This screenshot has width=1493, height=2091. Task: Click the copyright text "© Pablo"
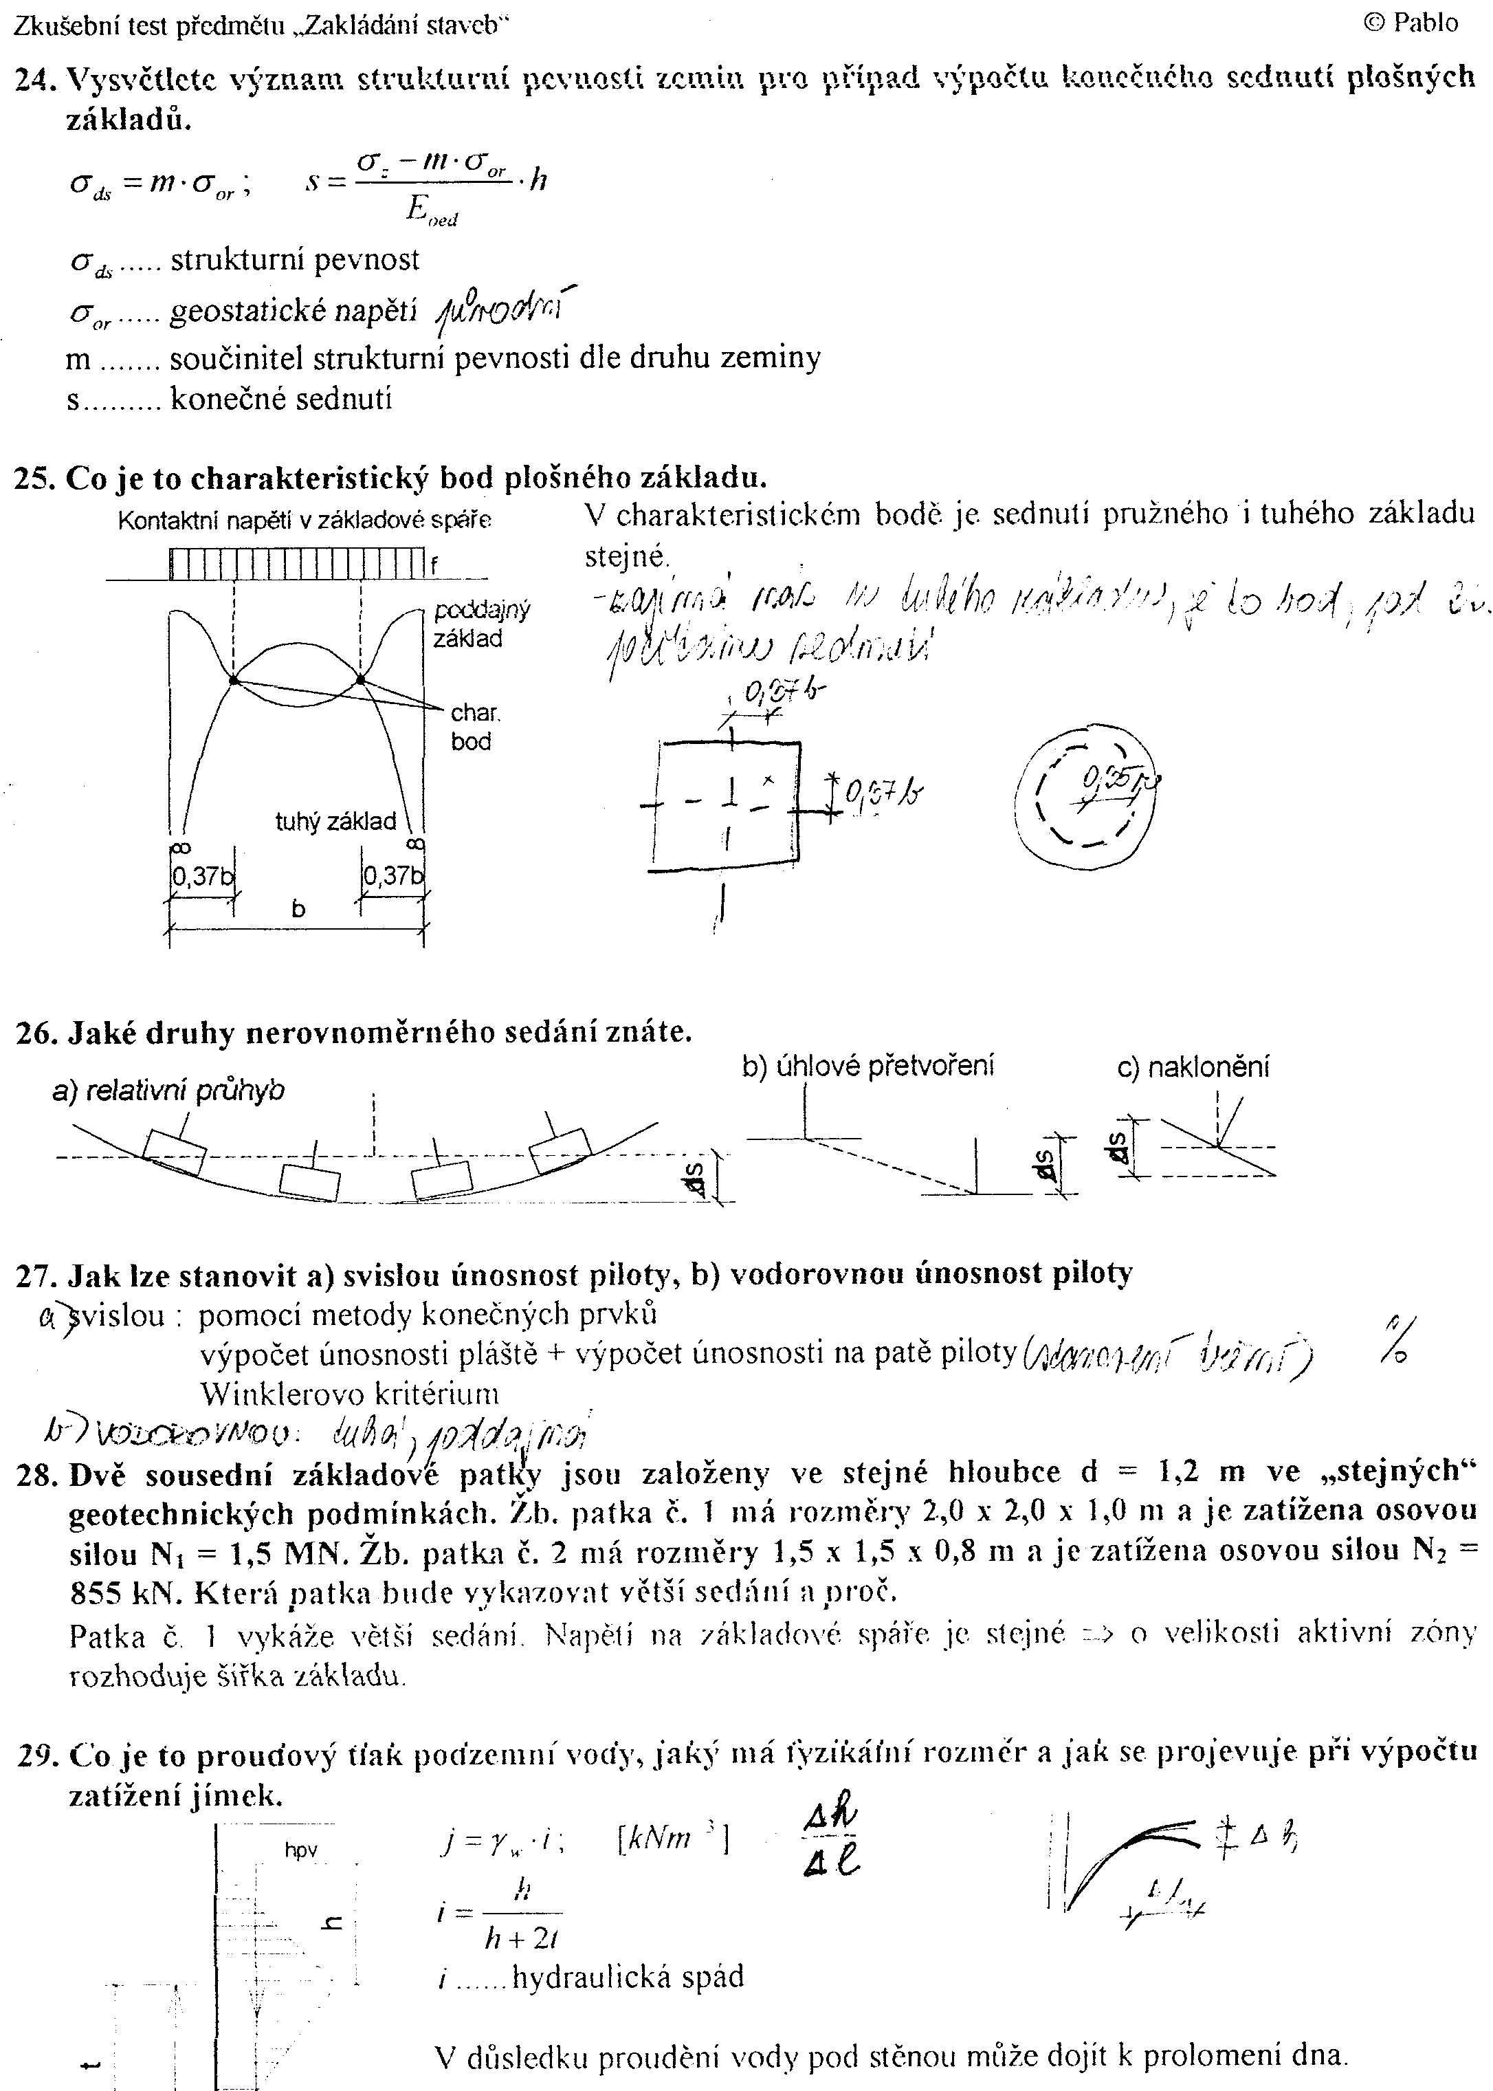click(x=1411, y=23)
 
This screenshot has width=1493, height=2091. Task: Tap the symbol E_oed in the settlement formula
click(x=431, y=212)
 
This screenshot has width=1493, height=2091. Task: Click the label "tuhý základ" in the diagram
click(x=335, y=821)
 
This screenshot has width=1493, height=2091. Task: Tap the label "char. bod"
click(x=474, y=727)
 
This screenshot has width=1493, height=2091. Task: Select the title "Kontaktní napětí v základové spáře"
click(x=305, y=521)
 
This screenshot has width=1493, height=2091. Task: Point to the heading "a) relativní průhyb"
click(x=168, y=1091)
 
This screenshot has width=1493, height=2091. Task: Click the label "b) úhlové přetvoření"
click(x=868, y=1066)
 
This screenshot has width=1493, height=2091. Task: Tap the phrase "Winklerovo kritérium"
click(x=349, y=1394)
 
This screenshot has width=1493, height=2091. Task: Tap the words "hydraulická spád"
click(x=628, y=1977)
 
